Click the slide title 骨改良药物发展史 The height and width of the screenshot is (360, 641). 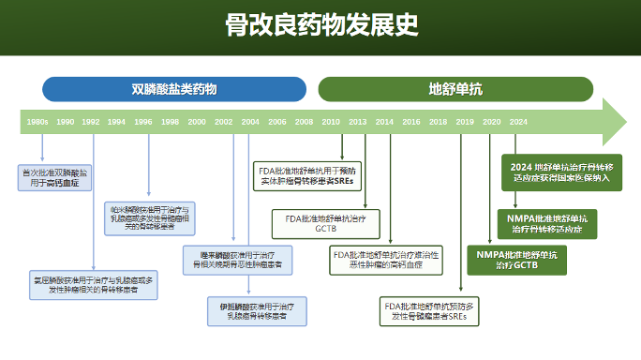coord(320,25)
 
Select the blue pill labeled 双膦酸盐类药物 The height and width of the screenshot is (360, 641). coord(174,89)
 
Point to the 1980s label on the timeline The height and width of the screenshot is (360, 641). coord(37,122)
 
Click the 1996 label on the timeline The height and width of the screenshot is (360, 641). coord(143,122)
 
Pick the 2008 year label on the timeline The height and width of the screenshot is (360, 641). coord(305,122)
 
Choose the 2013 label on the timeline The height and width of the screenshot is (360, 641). coord(358,122)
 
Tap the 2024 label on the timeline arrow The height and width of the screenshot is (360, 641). coord(518,122)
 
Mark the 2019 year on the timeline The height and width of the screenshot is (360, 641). coord(465,122)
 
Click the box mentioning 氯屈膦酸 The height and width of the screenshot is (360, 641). coord(92,285)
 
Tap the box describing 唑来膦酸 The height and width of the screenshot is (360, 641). coord(235,260)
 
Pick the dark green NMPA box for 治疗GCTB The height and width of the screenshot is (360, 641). coord(516,260)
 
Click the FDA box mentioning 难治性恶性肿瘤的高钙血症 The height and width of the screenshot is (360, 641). coord(385,259)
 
